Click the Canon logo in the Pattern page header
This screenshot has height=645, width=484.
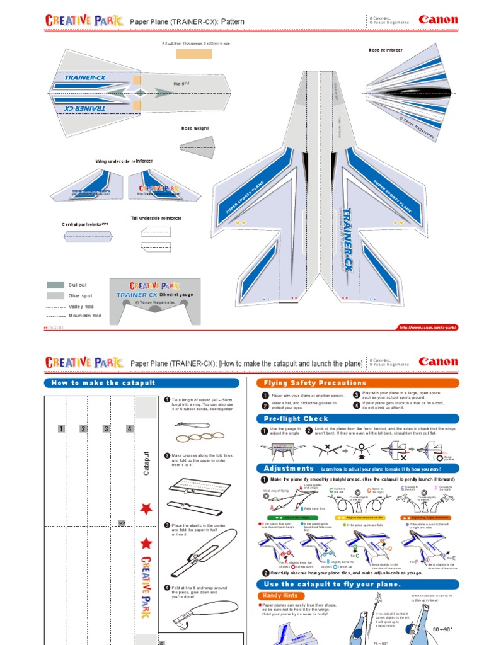point(438,20)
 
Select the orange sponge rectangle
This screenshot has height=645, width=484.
point(194,53)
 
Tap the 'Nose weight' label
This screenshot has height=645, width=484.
point(195,128)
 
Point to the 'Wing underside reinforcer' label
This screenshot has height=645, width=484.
point(124,161)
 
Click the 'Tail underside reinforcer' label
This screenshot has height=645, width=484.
point(156,218)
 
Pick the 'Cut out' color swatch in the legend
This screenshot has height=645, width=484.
point(55,285)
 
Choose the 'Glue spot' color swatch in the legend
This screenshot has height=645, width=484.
point(55,295)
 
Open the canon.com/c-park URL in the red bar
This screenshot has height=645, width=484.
point(427,328)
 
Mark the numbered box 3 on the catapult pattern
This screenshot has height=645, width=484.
point(106,429)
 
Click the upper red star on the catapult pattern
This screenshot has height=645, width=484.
point(146,508)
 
